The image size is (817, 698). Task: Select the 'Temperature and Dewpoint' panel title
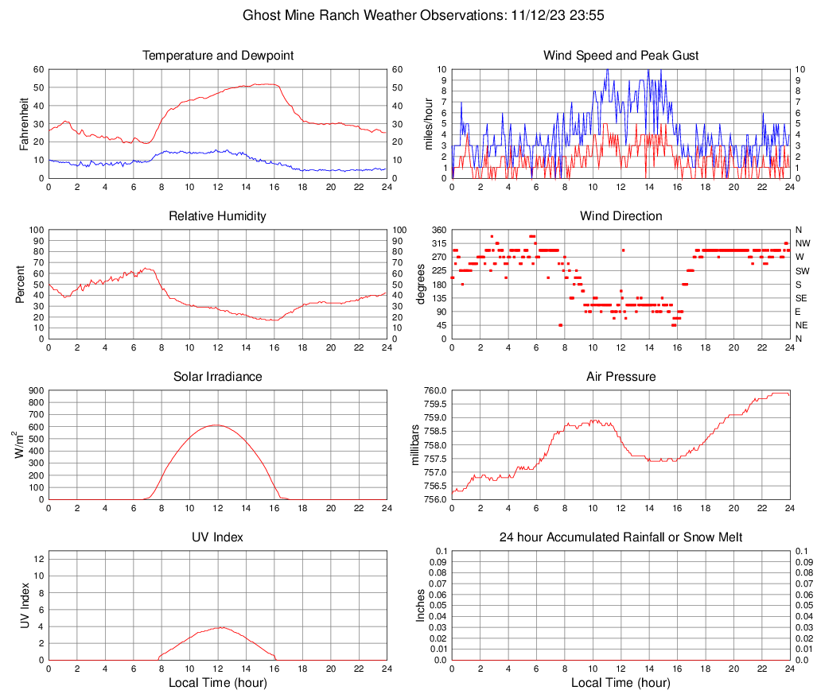coord(218,56)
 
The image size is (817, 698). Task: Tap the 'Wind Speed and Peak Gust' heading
coord(621,56)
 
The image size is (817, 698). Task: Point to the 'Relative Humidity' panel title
coord(218,216)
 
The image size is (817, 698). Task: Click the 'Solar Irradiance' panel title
coord(218,377)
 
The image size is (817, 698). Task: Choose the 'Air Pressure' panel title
coord(621,377)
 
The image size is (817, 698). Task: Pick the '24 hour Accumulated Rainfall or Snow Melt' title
coord(621,537)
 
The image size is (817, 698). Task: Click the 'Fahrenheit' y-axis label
coord(25,123)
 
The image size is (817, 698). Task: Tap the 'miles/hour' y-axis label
coord(428,123)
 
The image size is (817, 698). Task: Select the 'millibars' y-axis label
coord(415,444)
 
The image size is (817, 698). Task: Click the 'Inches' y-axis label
coord(422,605)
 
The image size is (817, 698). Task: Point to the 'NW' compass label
coord(803,243)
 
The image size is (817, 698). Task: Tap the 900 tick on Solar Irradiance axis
coord(36,391)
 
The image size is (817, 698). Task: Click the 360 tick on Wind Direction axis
coord(438,230)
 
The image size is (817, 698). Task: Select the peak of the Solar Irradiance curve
coord(216,425)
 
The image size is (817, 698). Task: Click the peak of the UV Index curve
coord(220,627)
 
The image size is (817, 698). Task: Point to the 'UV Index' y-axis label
coord(25,605)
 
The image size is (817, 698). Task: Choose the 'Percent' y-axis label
coord(20,284)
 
